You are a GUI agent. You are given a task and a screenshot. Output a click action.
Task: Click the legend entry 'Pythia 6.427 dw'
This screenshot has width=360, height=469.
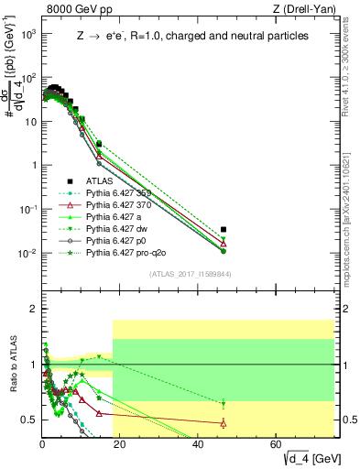[120, 228]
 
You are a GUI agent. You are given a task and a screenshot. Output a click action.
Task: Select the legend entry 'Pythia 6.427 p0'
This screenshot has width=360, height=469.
[120, 240]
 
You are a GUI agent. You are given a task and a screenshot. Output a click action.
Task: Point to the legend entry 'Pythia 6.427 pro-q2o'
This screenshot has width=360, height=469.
[129, 252]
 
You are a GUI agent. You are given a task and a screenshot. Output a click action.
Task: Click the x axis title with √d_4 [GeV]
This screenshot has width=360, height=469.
[308, 458]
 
